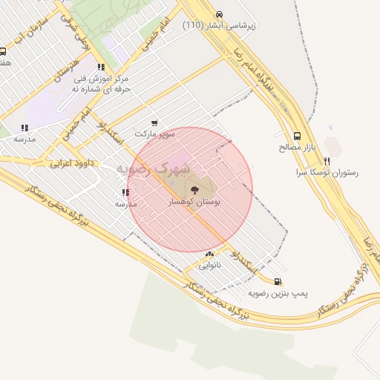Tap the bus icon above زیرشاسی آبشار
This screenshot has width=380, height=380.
click(218, 14)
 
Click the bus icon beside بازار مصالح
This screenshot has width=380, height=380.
click(298, 136)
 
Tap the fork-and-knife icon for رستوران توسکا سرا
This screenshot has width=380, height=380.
click(327, 160)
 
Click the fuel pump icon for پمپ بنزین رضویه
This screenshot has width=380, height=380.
click(278, 281)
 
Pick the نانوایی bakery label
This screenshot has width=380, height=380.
click(209, 265)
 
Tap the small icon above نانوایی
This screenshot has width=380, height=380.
click(209, 254)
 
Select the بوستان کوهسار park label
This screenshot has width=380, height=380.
click(195, 202)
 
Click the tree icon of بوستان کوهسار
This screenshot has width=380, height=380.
click(195, 190)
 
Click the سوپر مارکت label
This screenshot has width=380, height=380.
click(155, 134)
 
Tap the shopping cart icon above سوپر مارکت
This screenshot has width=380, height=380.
click(154, 123)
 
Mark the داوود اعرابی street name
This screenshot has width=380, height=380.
click(71, 162)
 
